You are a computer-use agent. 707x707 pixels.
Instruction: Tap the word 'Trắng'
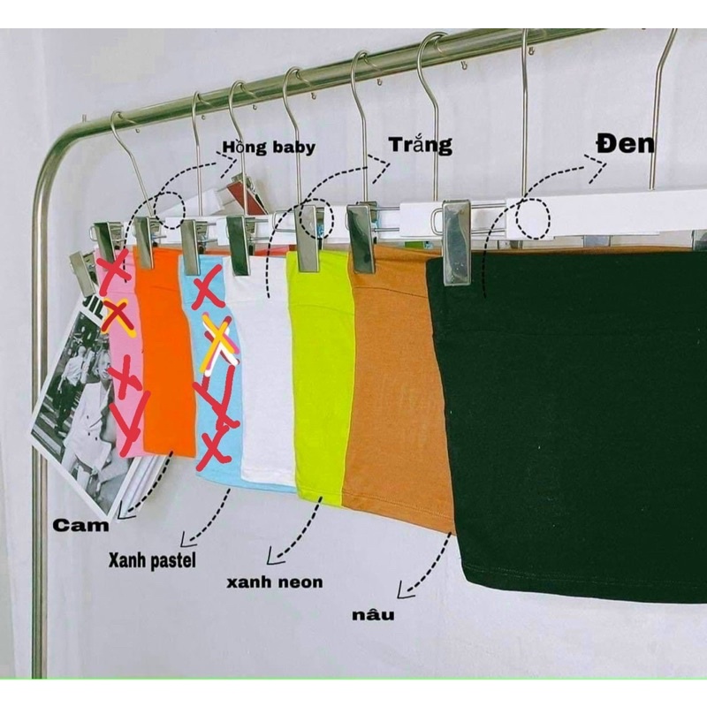click(x=421, y=144)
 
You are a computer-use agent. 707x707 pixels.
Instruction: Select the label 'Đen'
click(x=624, y=144)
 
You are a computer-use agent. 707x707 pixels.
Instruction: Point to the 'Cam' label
click(x=80, y=525)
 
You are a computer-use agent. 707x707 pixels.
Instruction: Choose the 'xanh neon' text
click(x=274, y=582)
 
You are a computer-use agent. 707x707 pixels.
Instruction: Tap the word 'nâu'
click(x=371, y=612)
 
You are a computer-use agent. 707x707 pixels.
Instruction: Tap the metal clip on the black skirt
click(x=456, y=241)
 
